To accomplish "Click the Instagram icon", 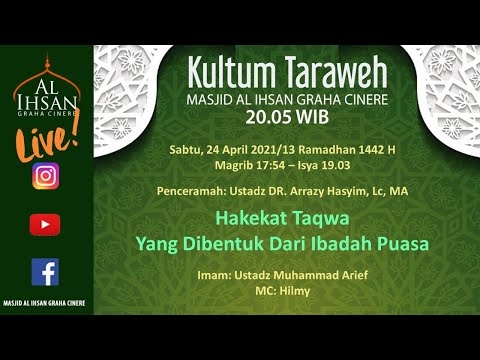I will click(44, 177).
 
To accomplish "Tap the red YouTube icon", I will click(44, 225).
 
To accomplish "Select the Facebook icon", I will click(44, 271).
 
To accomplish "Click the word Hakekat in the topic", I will click(252, 218).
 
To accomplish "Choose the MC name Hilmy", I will click(294, 290).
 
